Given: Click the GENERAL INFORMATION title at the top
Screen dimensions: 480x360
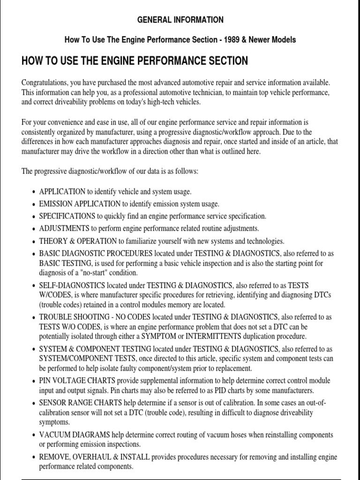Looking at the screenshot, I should point(180,20).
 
